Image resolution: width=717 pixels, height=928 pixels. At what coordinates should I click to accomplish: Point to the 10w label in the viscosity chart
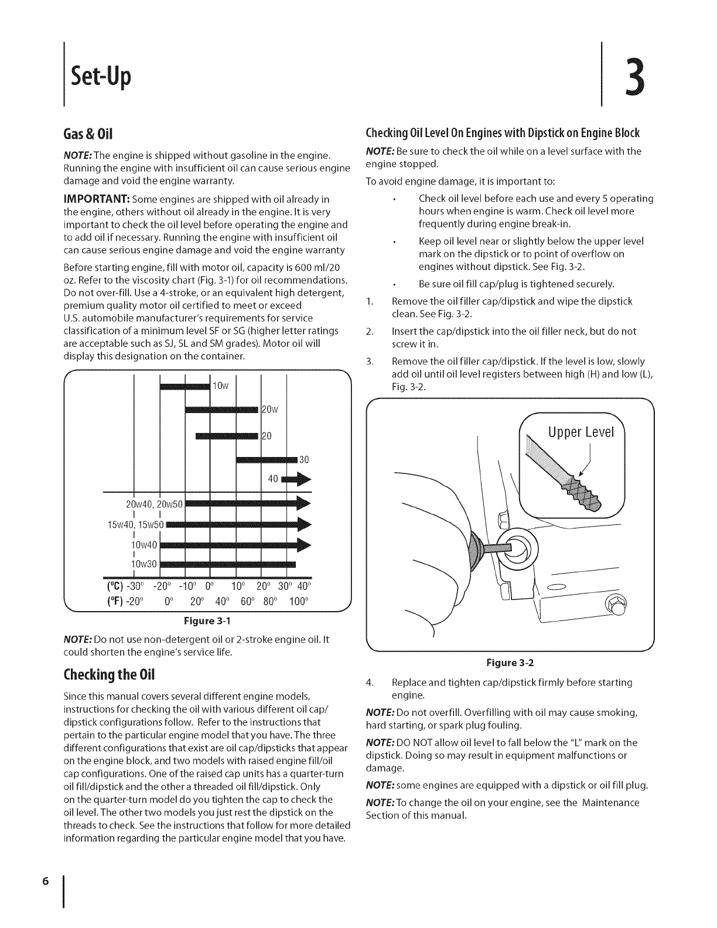pyautogui.click(x=220, y=386)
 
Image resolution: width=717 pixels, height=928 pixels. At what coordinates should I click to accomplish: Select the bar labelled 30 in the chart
pyautogui.click(x=267, y=460)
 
